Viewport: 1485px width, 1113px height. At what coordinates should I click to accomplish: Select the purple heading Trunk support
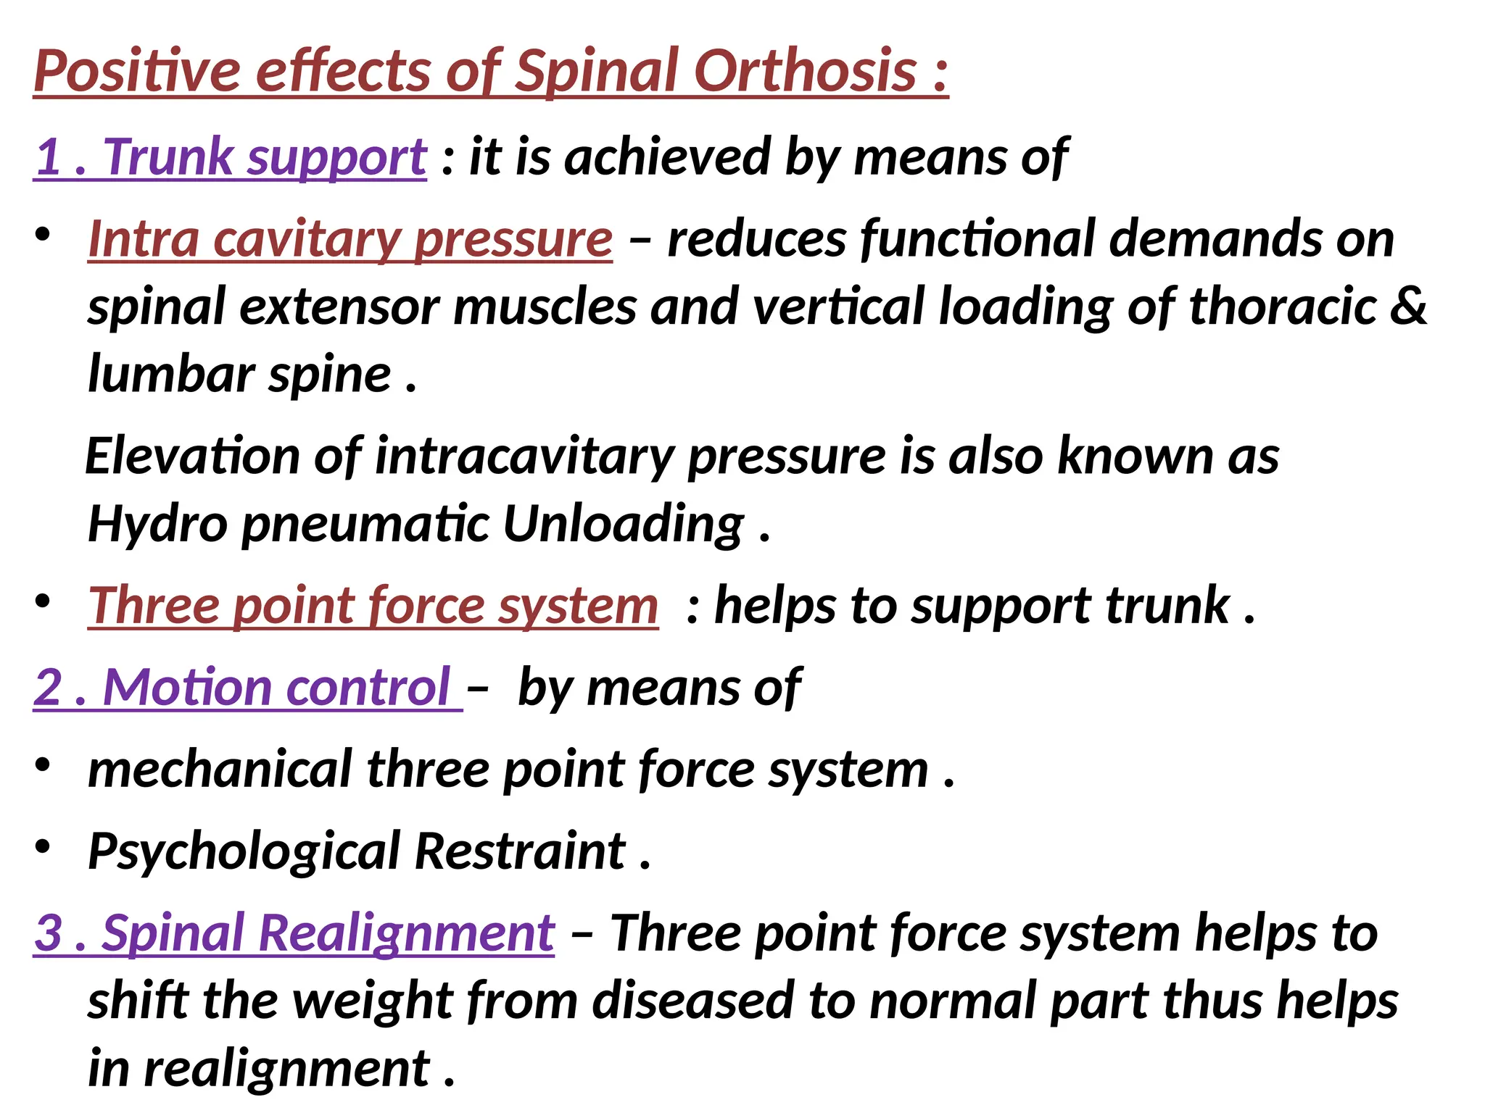click(231, 157)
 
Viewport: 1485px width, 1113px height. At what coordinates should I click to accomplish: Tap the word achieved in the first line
click(667, 157)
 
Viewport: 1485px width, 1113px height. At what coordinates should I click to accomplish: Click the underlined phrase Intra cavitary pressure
click(350, 238)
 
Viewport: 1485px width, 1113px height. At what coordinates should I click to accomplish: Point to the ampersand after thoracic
click(1409, 306)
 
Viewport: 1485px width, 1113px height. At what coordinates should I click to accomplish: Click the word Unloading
click(623, 524)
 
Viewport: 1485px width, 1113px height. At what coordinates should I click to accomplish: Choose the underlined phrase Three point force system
click(373, 606)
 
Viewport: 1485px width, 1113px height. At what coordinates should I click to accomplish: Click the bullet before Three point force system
click(43, 601)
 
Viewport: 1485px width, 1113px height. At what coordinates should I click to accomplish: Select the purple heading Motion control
click(247, 687)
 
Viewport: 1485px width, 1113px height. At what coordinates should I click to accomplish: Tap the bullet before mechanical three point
click(43, 765)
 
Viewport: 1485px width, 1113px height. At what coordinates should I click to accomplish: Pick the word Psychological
click(244, 851)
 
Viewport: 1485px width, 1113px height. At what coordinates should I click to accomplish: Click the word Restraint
click(520, 851)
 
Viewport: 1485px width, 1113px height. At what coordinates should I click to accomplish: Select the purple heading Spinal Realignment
click(294, 933)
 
